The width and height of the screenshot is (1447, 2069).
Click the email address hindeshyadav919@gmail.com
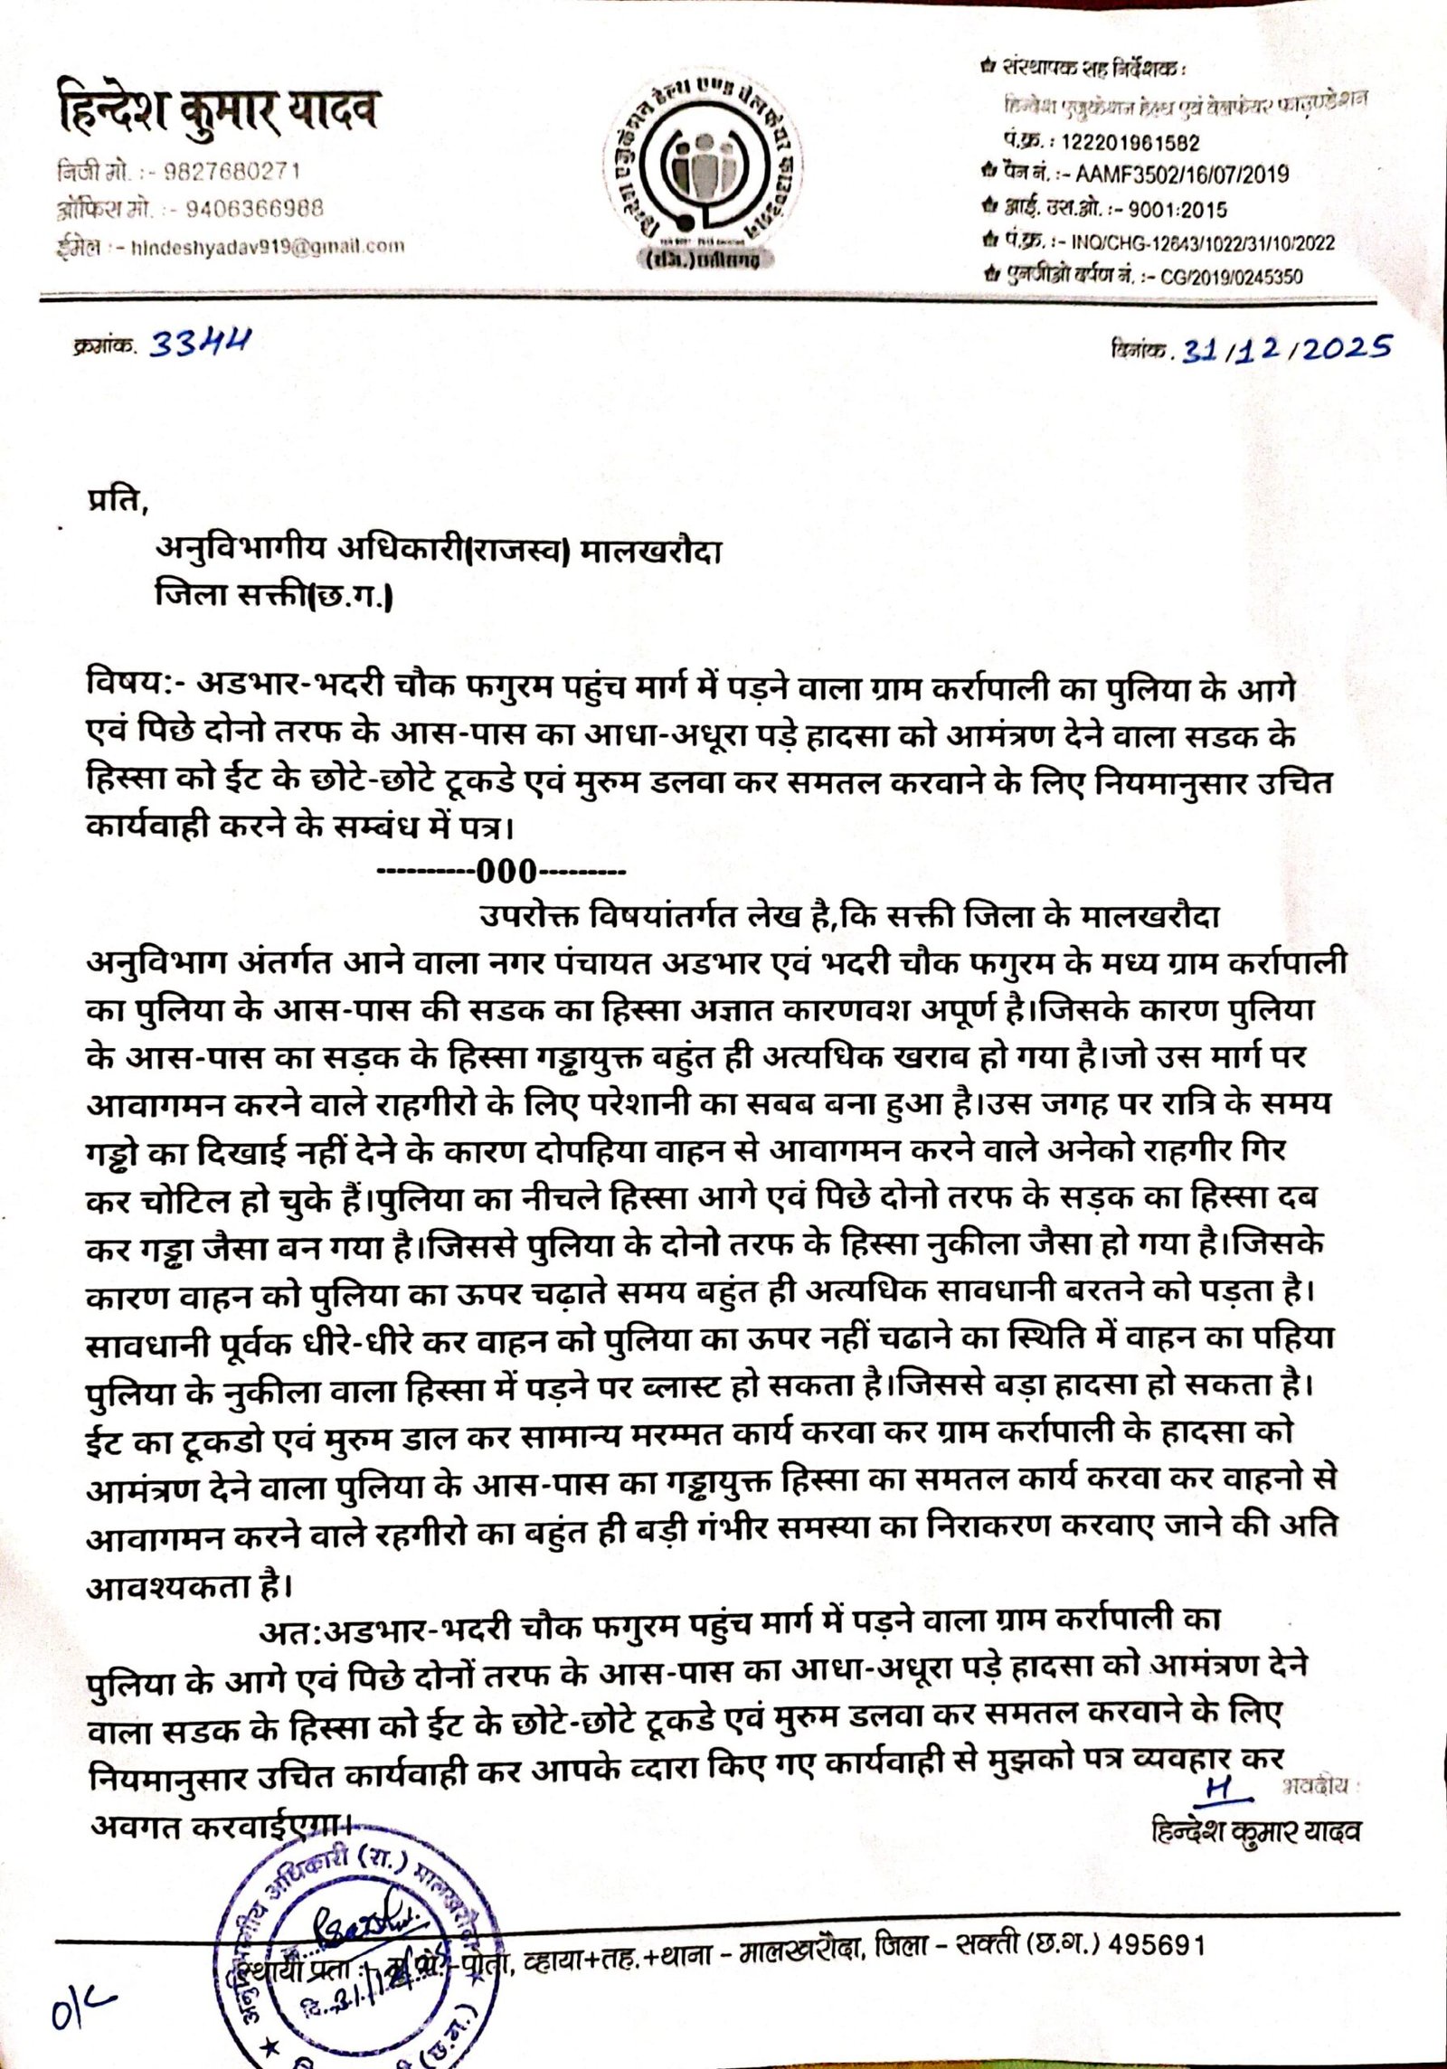coord(268,245)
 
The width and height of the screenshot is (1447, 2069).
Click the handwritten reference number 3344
coord(200,345)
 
